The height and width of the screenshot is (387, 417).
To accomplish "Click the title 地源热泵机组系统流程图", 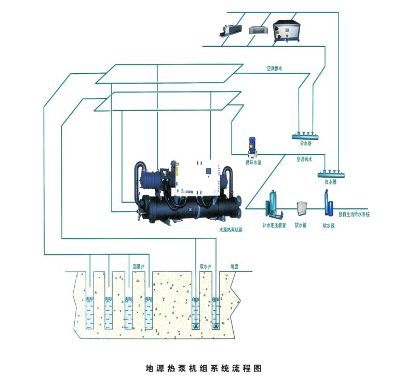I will pyautogui.click(x=205, y=368).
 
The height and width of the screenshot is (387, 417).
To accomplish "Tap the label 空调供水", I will pyautogui.click(x=274, y=68).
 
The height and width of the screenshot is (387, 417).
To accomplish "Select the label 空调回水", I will pyautogui.click(x=304, y=159).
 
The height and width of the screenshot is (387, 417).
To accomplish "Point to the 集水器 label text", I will pyautogui.click(x=328, y=182).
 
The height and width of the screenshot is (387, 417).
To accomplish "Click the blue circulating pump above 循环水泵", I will pyautogui.click(x=252, y=148).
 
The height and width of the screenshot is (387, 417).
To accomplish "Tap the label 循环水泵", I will pyautogui.click(x=253, y=162).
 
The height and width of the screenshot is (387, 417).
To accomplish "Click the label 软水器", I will pyautogui.click(x=328, y=225).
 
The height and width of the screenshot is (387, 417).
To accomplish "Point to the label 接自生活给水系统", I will pyautogui.click(x=354, y=214).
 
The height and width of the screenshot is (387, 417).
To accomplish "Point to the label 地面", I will pyautogui.click(x=235, y=266).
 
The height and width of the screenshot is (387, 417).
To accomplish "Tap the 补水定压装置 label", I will pyautogui.click(x=274, y=225).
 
